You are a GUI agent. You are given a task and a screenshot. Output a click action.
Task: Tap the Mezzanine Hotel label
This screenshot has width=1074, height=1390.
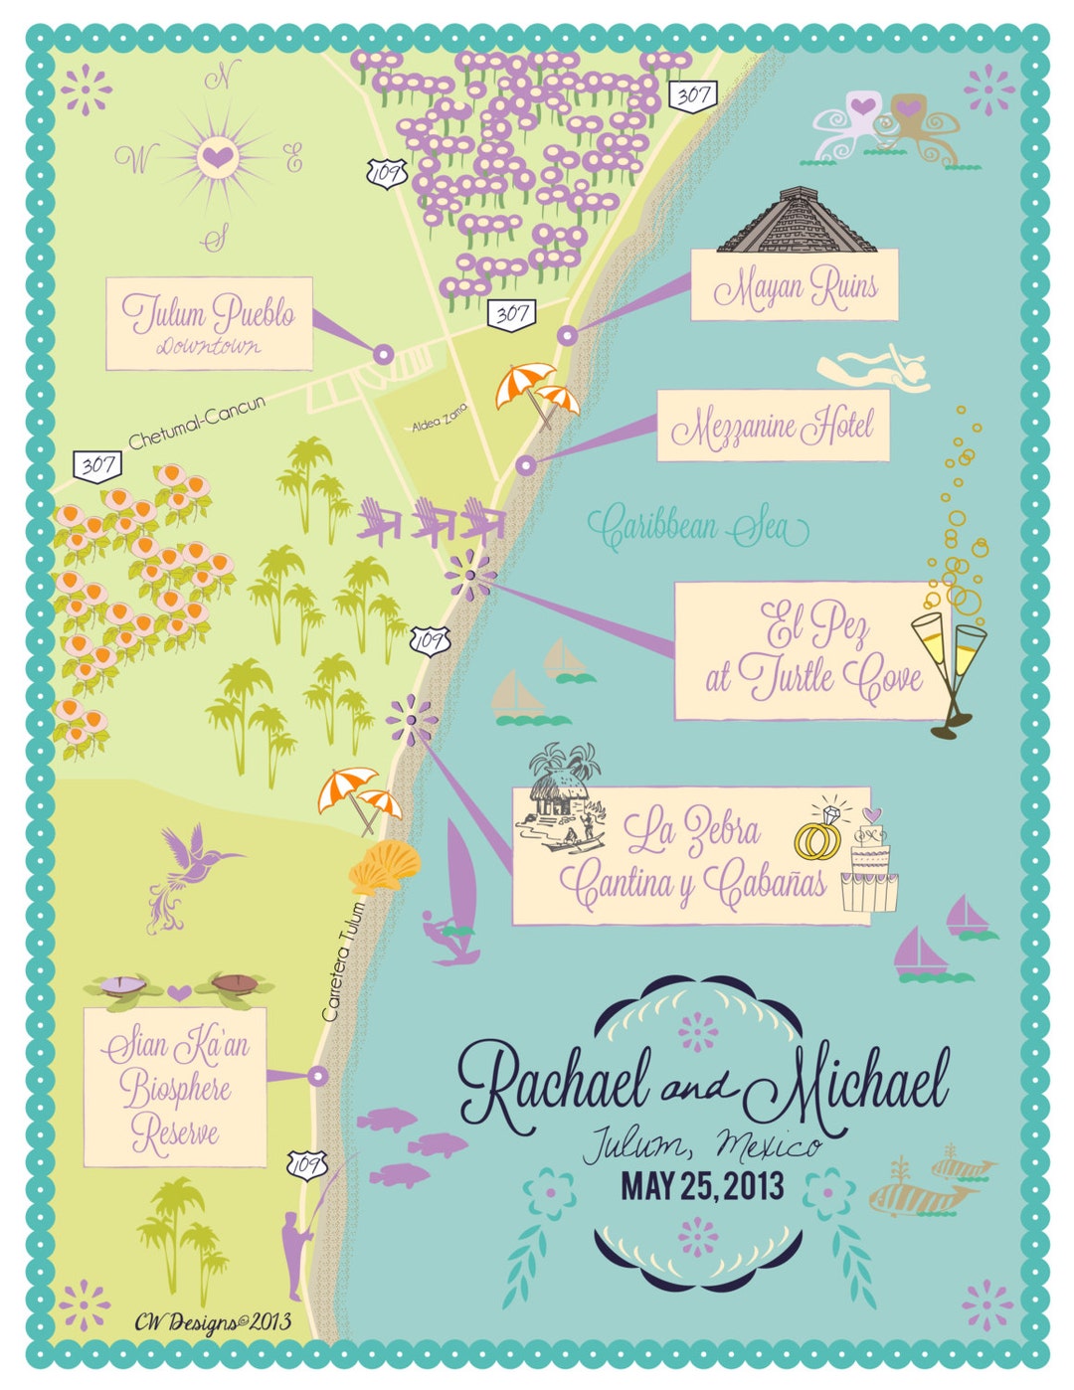773,427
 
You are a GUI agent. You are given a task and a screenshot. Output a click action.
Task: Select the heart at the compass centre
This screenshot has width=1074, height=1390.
216,156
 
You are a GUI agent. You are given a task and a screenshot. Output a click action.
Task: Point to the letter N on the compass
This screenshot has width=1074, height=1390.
222,78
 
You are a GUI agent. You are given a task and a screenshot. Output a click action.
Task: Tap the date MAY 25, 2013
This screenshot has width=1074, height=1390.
702,1186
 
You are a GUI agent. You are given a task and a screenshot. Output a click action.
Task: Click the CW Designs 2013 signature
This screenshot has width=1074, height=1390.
213,1321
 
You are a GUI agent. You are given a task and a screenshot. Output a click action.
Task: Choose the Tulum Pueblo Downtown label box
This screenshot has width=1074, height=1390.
209,323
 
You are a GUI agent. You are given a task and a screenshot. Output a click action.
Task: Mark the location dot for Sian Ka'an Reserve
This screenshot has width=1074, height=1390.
318,1075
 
